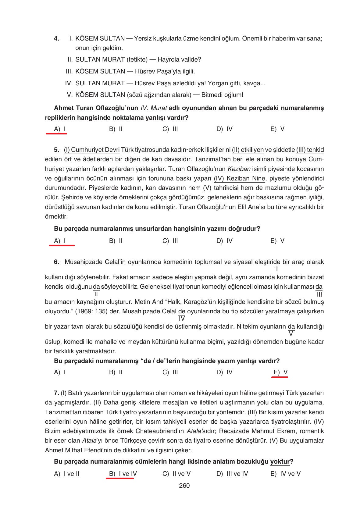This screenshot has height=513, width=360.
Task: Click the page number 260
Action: pos(184,486)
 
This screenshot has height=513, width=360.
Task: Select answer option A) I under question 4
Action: pos(60,129)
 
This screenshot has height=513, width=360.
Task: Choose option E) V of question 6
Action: pos(280,372)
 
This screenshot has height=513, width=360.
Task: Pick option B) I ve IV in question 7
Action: pos(123,474)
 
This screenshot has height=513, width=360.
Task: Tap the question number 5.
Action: pos(56,150)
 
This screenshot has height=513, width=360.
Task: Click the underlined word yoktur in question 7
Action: pos(280,461)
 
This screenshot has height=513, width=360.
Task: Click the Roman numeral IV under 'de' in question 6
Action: pos(182,319)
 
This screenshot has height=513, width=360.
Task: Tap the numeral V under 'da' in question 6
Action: pos(291,334)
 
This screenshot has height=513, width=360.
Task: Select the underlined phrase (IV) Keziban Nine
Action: pos(239,178)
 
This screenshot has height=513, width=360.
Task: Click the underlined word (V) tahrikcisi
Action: pos(221,188)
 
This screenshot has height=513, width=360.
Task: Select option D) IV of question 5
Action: pos(224,241)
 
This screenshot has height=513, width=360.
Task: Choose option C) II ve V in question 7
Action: pos(176,474)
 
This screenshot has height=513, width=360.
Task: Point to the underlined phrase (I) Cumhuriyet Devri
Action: pos(91,150)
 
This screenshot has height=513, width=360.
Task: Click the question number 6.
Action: pos(56,262)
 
